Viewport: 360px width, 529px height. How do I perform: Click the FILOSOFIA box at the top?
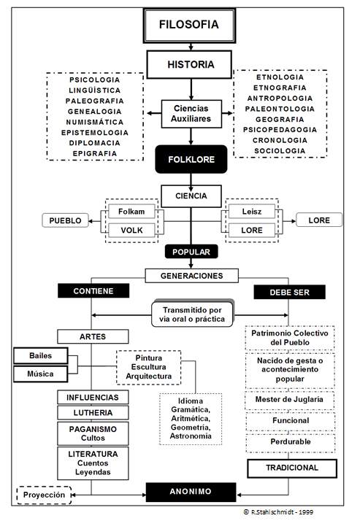189,26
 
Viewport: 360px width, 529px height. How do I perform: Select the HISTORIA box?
189,64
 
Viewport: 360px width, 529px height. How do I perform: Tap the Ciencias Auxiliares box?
191,114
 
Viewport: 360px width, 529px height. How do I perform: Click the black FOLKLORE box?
191,159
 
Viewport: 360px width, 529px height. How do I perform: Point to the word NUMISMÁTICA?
94,122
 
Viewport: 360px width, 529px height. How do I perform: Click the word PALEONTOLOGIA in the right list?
280,109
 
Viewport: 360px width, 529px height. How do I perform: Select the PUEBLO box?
65,220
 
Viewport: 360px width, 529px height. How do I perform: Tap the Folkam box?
131,212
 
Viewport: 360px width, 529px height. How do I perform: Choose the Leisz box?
252,212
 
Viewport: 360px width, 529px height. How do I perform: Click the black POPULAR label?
191,252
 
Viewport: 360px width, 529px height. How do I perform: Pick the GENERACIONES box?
191,276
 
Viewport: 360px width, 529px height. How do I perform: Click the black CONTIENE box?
93,291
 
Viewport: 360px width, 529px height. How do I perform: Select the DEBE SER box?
289,292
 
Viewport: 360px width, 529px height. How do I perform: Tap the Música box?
40,374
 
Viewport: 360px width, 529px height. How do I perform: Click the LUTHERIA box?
93,412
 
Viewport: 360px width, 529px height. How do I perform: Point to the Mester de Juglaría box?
289,400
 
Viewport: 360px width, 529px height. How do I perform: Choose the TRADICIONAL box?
292,468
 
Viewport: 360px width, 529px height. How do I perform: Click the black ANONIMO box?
191,492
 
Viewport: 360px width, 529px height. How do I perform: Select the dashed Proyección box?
44,495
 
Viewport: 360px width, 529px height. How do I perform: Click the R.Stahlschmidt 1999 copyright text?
278,511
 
